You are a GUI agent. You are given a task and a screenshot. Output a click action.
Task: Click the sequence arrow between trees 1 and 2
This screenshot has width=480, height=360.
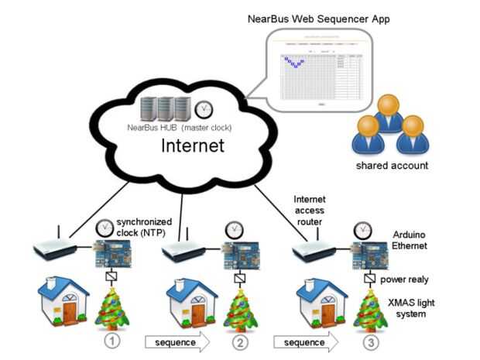[x=177, y=341]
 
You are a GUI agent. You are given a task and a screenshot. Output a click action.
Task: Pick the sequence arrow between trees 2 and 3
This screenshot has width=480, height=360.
[x=305, y=341]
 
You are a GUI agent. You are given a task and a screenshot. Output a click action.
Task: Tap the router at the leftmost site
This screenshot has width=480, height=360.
[x=53, y=249]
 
